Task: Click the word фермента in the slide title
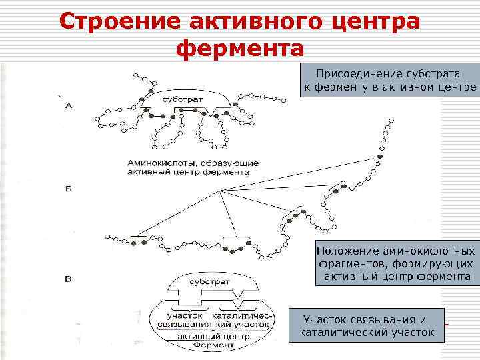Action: pyautogui.click(x=239, y=49)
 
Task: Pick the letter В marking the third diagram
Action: pyautogui.click(x=68, y=279)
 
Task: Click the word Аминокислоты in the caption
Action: pyautogui.click(x=157, y=163)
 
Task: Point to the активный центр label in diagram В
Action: pyautogui.click(x=213, y=336)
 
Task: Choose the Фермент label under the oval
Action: pyautogui.click(x=213, y=346)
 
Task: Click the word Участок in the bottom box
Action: pyautogui.click(x=327, y=319)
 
